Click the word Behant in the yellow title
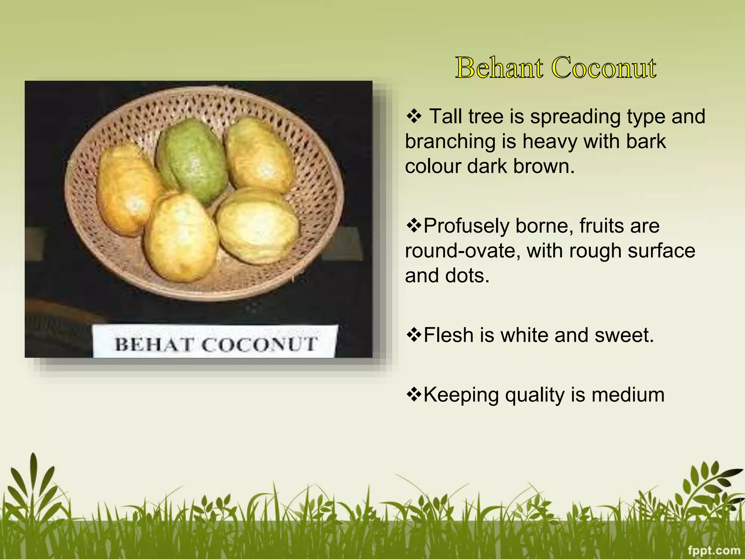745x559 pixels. pos(499,68)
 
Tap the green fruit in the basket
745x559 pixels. pos(191,160)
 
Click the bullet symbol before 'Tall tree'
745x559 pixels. pos(414,116)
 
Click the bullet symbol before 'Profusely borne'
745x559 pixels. pos(414,226)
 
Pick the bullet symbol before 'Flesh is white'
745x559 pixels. pos(414,335)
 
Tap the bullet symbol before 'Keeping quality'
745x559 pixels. pos(414,395)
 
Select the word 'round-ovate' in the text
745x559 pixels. pos(463,251)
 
